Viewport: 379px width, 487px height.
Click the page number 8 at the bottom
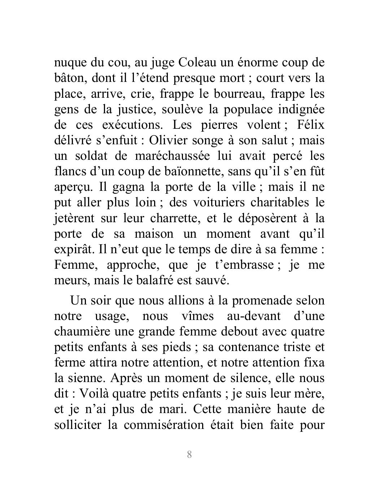[x=189, y=454]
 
